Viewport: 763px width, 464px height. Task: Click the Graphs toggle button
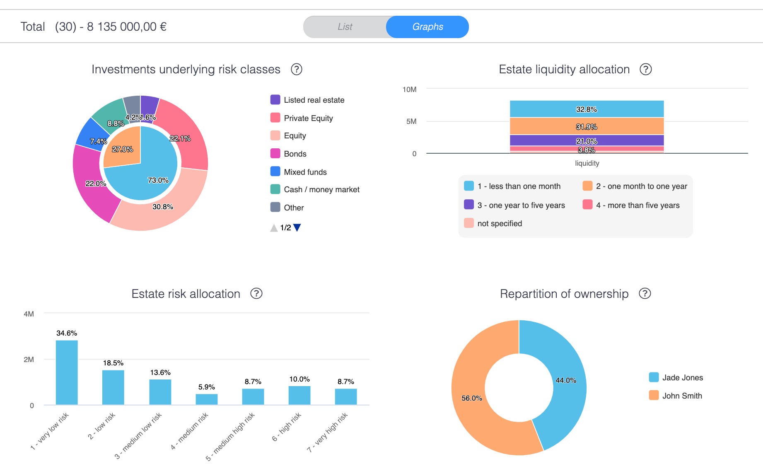coord(427,27)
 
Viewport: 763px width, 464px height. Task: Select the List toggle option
coord(345,27)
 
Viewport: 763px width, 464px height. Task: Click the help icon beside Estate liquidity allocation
coord(645,69)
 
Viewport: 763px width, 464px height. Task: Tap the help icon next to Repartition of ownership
coord(645,294)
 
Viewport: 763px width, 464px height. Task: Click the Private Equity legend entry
coord(308,118)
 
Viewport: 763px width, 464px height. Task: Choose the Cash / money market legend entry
coord(321,190)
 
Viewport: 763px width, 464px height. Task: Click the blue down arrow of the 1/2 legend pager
coord(297,227)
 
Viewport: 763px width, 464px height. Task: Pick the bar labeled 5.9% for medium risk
coord(206,399)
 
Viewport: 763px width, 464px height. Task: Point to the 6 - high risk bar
coord(299,395)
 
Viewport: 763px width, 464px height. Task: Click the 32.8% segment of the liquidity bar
coord(586,109)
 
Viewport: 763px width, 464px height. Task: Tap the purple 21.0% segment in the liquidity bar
coord(586,140)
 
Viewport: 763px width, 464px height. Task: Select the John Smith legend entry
coord(681,396)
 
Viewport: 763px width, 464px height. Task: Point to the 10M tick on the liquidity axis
coord(409,89)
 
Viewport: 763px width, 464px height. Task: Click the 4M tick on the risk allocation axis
coord(29,314)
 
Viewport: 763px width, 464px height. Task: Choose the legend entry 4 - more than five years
coord(637,205)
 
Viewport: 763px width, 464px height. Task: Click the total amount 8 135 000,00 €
coord(126,27)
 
